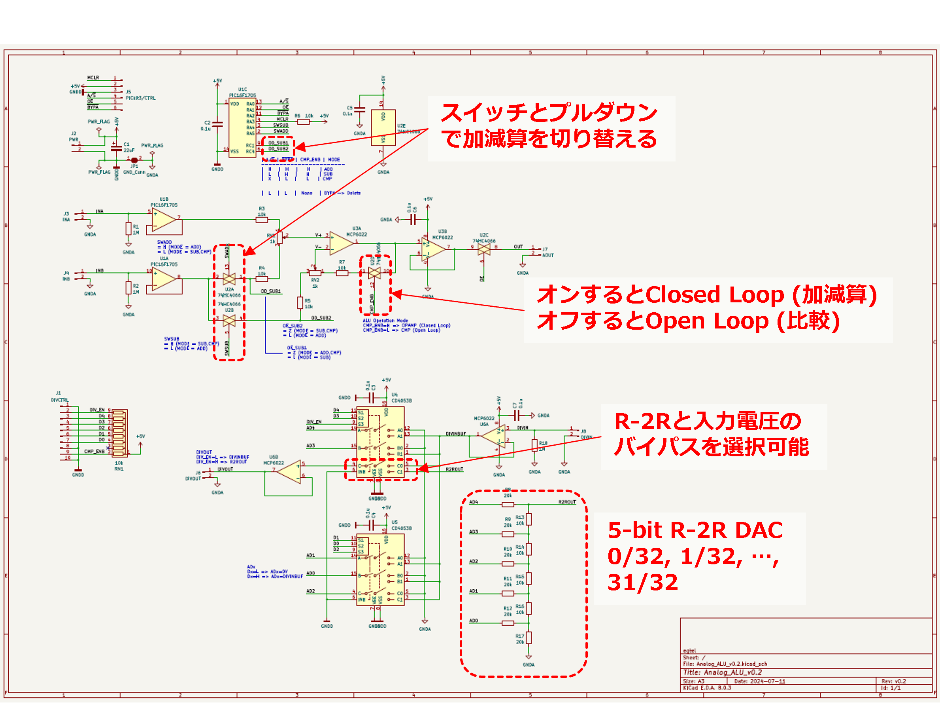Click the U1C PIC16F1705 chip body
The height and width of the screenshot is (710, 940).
pos(242,127)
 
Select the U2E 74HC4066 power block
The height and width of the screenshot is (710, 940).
pos(383,127)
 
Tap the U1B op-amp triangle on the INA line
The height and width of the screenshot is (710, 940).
pos(164,220)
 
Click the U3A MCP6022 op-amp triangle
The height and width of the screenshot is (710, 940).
pos(341,243)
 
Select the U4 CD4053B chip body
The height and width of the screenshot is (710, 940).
pos(380,442)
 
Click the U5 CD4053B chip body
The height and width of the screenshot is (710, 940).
pos(380,570)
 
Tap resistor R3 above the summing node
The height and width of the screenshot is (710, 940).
pos(262,220)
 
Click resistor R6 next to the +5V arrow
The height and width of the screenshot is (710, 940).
pos(303,121)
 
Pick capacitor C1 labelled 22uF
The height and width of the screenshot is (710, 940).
pos(116,148)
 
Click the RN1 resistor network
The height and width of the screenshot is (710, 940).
pos(119,433)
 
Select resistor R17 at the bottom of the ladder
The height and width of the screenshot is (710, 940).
pos(529,638)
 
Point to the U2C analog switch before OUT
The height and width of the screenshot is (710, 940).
pos(483,249)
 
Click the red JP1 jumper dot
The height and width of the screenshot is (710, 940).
pos(134,160)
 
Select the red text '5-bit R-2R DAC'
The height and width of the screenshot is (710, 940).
pos(695,530)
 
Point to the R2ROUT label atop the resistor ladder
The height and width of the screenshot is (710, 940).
pos(567,502)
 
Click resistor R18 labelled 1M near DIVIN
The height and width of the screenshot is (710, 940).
pos(534,445)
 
